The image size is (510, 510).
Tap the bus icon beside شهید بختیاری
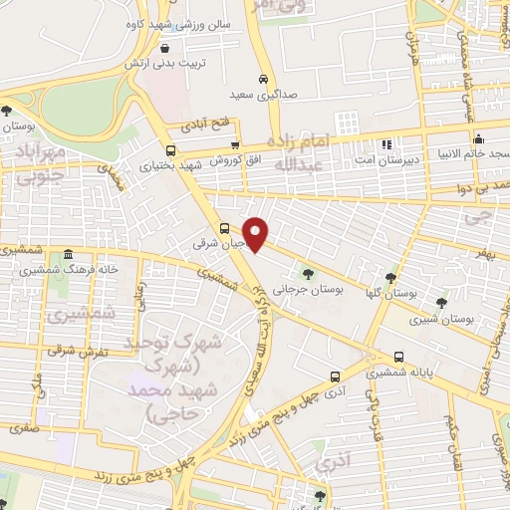pyautogui.click(x=170, y=151)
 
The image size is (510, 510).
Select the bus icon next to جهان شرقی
pyautogui.click(x=225, y=227)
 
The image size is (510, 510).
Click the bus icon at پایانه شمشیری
pyautogui.click(x=399, y=356)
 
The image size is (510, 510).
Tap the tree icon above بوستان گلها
pyautogui.click(x=389, y=278)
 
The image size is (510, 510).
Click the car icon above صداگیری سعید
pyautogui.click(x=262, y=78)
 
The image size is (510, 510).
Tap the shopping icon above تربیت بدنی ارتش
pyautogui.click(x=163, y=46)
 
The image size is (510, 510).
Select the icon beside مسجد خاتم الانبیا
pyautogui.click(x=479, y=138)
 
